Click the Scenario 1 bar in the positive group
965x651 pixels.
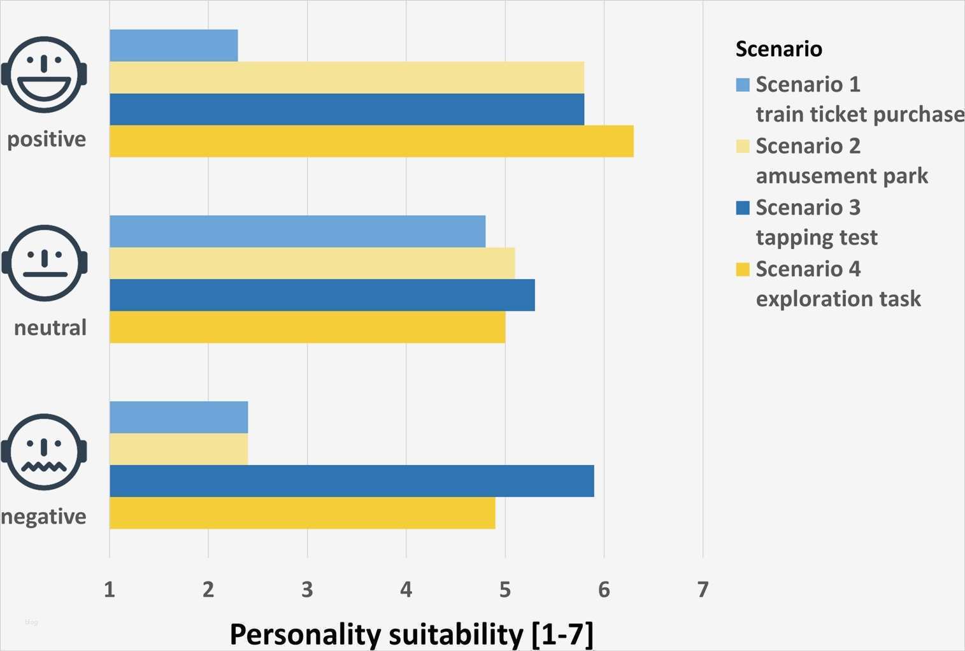pos(173,46)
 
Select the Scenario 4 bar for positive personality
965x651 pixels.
pos(371,141)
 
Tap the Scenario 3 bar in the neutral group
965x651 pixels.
pos(322,295)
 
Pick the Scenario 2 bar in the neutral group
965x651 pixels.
pos(312,263)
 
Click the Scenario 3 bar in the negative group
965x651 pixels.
pos(352,481)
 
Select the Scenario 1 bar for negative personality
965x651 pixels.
pos(178,417)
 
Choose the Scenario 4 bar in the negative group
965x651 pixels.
pos(302,513)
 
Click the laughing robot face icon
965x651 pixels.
pos(44,75)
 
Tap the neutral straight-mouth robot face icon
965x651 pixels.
pos(45,262)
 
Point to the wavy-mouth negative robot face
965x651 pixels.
pos(44,452)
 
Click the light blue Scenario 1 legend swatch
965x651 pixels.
pos(743,85)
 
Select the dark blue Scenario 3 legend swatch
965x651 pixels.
pos(743,208)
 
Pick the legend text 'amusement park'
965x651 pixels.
pos(841,176)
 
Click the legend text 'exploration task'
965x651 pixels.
pos(838,299)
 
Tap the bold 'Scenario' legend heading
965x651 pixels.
pos(778,49)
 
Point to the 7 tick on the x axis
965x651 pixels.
pos(703,590)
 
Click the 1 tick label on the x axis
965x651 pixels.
pos(110,590)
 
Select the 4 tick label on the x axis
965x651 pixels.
pos(406,590)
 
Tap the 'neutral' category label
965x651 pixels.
pos(50,328)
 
